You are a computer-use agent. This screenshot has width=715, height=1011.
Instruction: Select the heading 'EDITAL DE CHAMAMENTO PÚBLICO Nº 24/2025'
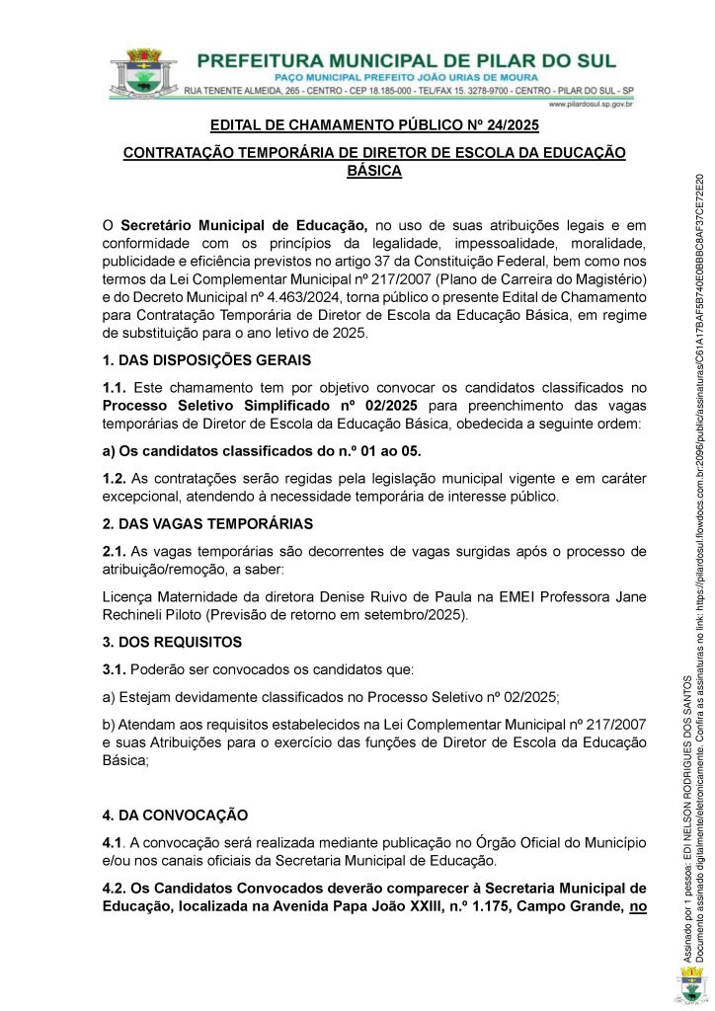(x=374, y=126)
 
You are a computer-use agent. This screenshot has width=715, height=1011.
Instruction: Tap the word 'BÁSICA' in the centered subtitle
(x=374, y=171)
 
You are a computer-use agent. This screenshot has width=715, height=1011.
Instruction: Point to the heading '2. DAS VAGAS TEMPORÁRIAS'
(x=207, y=523)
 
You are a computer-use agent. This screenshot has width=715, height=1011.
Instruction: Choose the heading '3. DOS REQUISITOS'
(x=172, y=642)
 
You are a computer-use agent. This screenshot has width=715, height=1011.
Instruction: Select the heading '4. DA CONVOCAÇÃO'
(x=175, y=816)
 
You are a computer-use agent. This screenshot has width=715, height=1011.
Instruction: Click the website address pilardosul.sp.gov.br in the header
(x=590, y=103)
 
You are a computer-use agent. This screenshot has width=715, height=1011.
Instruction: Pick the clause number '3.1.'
(x=116, y=669)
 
